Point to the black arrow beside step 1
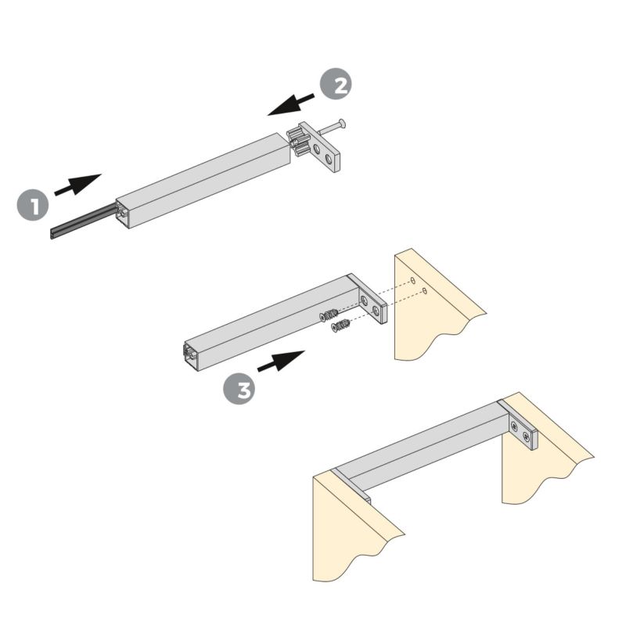click(x=77, y=185)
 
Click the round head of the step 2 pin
click(x=343, y=124)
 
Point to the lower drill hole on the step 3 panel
click(x=424, y=291)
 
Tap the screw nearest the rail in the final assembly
click(x=514, y=426)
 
